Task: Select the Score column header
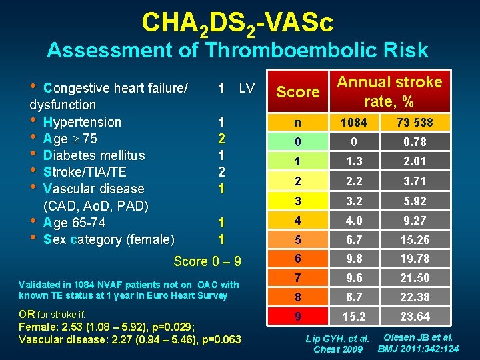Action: point(297,92)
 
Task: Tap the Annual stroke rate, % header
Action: point(389,91)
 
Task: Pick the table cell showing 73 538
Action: point(415,123)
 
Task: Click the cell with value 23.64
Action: point(415,317)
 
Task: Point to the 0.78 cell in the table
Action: point(415,142)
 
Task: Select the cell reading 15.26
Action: point(415,239)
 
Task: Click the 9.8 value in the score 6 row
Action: point(354,259)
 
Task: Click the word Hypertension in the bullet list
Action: point(82,122)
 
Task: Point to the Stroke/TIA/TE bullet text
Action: point(85,172)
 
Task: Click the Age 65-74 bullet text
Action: point(74,223)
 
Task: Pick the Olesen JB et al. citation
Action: point(419,337)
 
